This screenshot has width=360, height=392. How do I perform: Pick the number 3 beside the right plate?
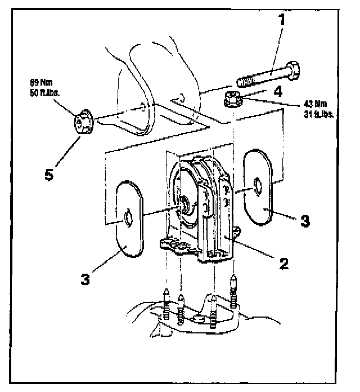tap(304, 221)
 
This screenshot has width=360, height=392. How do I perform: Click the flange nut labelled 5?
tap(83, 122)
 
